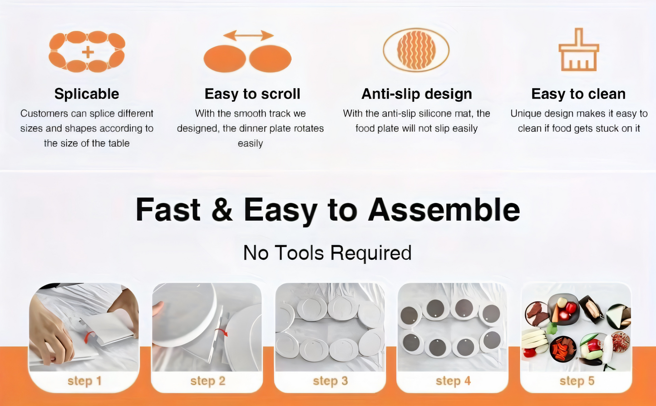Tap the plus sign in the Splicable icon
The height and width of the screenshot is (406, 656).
click(x=88, y=52)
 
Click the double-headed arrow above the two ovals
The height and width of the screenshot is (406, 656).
click(x=248, y=35)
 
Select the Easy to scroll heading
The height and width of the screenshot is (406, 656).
click(x=252, y=94)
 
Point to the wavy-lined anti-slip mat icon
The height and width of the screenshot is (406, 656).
click(x=416, y=50)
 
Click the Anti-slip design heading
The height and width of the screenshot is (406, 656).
click(x=417, y=94)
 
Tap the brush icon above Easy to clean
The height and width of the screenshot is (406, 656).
click(x=579, y=50)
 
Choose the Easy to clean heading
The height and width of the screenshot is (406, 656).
click(x=578, y=94)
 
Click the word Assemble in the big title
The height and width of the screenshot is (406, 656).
click(x=444, y=210)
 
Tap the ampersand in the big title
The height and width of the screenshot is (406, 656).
click(x=222, y=210)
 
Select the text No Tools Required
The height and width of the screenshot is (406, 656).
click(x=327, y=253)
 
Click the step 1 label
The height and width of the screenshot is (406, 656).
click(x=84, y=381)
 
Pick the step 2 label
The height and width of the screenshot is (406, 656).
click(x=207, y=381)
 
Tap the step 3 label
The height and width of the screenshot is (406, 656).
click(x=330, y=381)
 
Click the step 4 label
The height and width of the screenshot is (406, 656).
click(x=453, y=381)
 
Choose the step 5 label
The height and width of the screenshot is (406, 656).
click(x=577, y=381)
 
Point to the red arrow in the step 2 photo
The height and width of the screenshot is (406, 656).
click(x=222, y=332)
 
